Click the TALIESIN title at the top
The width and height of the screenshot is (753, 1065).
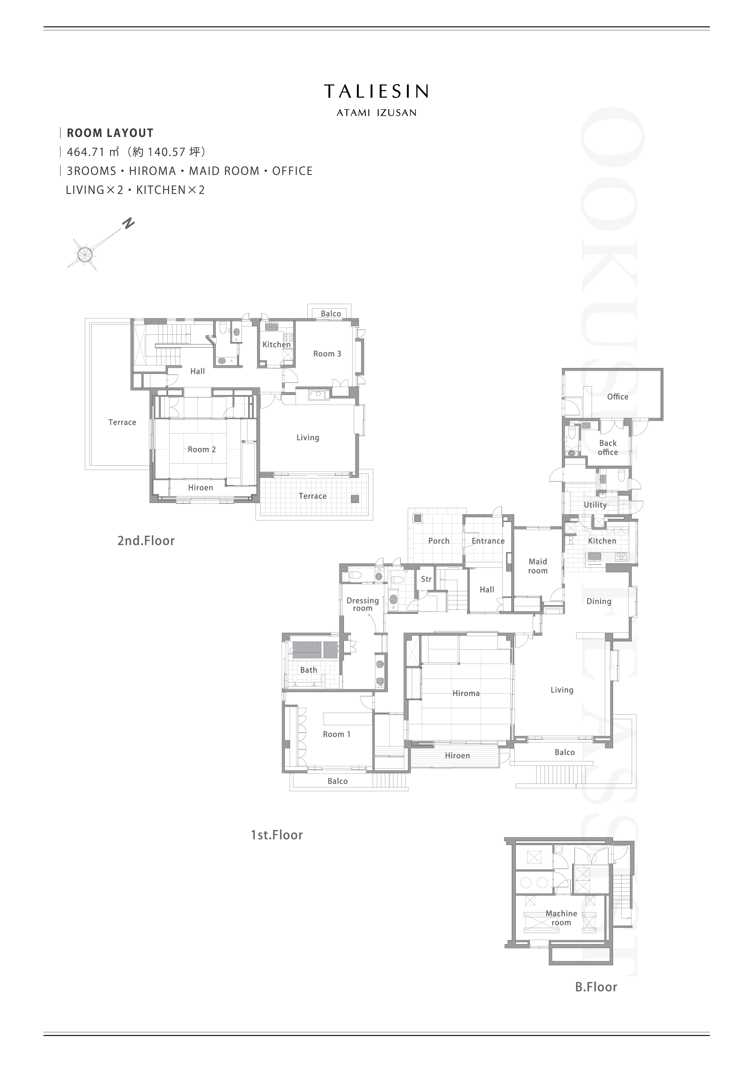376,92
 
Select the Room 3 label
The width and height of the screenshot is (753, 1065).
327,354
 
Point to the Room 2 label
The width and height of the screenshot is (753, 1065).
202,449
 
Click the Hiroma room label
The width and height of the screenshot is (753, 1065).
466,693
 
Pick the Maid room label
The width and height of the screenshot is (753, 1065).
538,566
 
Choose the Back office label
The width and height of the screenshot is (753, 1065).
608,448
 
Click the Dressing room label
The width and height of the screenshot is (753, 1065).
363,605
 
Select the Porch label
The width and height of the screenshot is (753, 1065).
439,541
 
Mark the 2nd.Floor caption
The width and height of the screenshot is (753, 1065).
146,541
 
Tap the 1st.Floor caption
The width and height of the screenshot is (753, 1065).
277,835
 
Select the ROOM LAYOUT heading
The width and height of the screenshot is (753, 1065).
110,133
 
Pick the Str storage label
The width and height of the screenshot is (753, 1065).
427,579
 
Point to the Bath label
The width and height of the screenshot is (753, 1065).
308,670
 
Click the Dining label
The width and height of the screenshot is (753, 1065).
599,602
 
